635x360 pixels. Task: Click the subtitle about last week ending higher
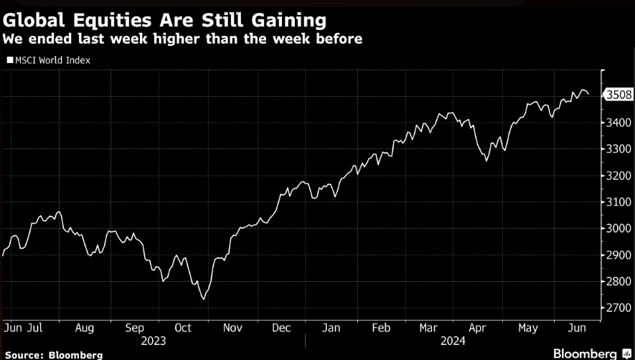point(182,38)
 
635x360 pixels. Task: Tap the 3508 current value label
point(618,95)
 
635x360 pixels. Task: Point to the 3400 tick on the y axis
point(618,122)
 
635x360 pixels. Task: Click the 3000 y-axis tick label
point(618,228)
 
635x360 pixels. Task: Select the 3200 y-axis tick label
point(618,175)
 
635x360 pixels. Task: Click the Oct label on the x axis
point(182,328)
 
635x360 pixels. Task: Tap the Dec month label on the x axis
point(281,328)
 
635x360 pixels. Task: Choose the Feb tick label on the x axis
point(380,328)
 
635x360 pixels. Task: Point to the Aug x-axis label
point(84,328)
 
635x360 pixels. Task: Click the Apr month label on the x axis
point(478,328)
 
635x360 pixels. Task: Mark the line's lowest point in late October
point(202,298)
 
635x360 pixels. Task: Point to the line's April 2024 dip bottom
point(486,161)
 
